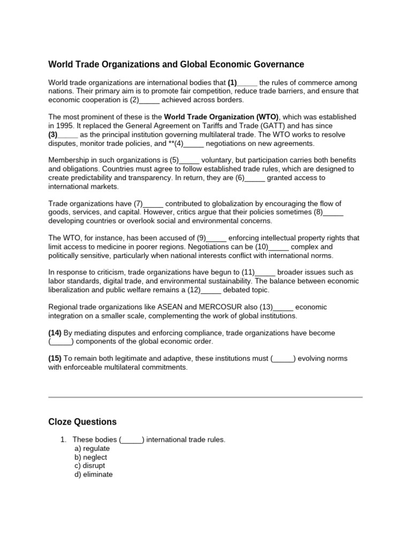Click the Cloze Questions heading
[82, 422]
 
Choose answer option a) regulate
[92, 449]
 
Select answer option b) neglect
[91, 457]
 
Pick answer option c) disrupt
[90, 466]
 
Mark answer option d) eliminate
[94, 474]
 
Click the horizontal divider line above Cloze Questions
[205, 397]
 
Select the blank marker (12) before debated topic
[195, 290]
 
